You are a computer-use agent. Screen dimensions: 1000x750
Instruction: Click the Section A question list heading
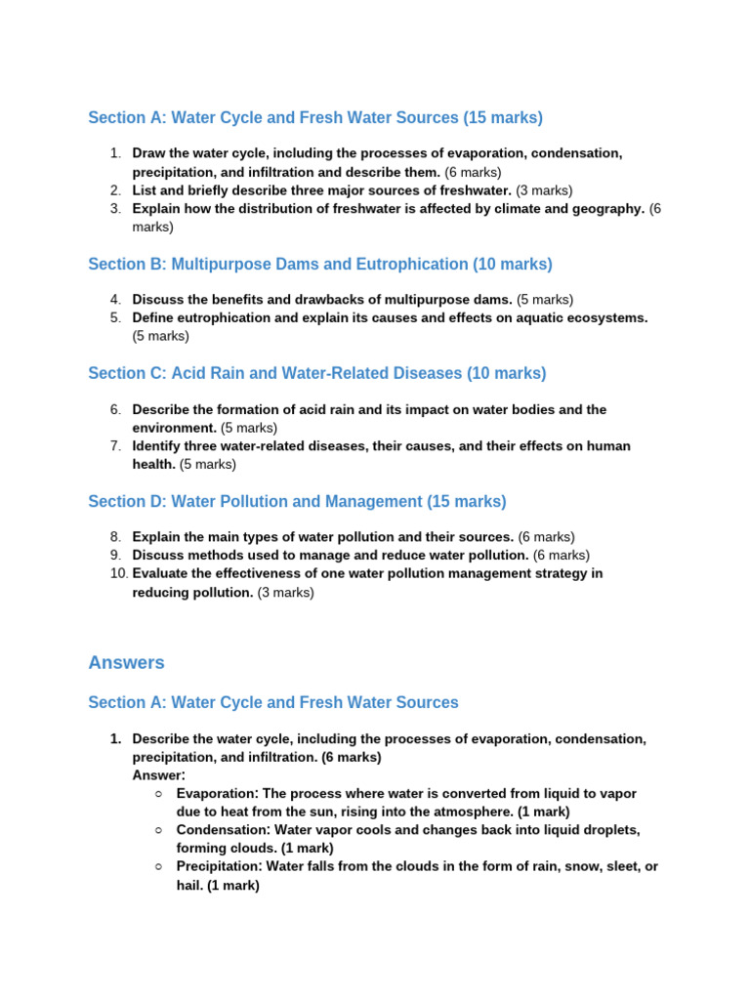click(x=314, y=118)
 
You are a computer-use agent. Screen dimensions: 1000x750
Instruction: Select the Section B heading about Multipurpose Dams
click(x=319, y=265)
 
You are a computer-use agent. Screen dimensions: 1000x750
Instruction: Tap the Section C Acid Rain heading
click(x=316, y=374)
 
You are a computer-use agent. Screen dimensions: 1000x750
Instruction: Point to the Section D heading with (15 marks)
click(x=297, y=502)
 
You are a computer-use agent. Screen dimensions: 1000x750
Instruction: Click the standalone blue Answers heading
click(x=126, y=663)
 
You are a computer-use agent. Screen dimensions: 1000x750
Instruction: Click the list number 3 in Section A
click(x=115, y=209)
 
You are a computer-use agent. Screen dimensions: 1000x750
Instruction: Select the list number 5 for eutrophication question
click(x=115, y=318)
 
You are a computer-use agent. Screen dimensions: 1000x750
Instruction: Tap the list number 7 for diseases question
click(x=115, y=446)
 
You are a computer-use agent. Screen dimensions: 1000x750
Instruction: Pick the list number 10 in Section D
click(x=118, y=573)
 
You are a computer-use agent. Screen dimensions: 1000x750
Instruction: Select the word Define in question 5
click(x=154, y=318)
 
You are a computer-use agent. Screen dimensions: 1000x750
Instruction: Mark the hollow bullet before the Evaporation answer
click(x=158, y=794)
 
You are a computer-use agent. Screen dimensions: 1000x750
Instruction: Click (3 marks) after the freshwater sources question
click(x=544, y=190)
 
